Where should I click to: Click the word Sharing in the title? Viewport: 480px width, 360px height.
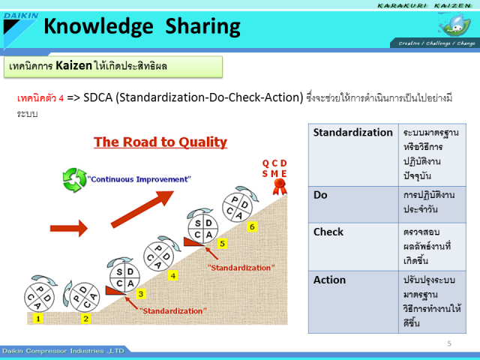pos(203,27)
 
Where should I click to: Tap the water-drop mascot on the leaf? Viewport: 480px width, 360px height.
pos(454,25)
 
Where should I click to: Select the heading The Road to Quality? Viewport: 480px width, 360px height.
pos(160,142)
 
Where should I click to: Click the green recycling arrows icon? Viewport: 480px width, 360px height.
pos(74,180)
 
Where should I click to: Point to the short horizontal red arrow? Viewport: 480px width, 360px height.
pos(69,228)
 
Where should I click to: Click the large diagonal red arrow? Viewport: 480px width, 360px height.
pos(142,209)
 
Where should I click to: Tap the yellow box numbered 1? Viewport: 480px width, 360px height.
pos(38,319)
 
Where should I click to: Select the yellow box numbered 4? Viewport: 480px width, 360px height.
pos(173,276)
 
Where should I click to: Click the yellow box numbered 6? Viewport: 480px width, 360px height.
pos(252,226)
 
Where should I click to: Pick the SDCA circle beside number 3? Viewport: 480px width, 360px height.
pos(124,277)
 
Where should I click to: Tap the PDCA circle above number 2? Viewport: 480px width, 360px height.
pos(85,298)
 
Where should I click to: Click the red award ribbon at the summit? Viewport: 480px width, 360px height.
pos(280,187)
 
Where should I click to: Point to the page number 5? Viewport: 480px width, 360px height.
pos(449,343)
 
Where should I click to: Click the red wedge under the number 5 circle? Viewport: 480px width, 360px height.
pos(193,241)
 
